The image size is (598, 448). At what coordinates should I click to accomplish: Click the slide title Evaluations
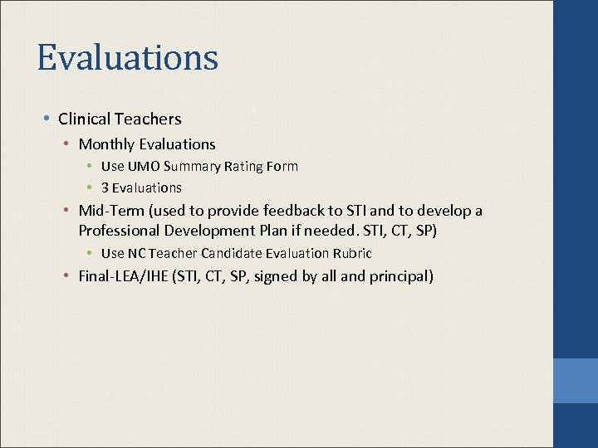(127, 58)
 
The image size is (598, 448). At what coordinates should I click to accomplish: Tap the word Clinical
(86, 119)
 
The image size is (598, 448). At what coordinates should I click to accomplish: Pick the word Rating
(241, 166)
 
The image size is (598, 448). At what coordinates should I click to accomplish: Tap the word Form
(282, 166)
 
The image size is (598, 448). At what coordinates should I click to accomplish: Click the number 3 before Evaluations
(105, 187)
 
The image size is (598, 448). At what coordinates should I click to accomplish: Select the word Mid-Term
(109, 211)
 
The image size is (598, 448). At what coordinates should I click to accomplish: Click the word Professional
(118, 231)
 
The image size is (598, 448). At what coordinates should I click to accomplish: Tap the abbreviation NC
(137, 253)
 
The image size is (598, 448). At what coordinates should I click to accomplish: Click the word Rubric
(351, 253)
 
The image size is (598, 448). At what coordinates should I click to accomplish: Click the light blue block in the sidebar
(576, 381)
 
